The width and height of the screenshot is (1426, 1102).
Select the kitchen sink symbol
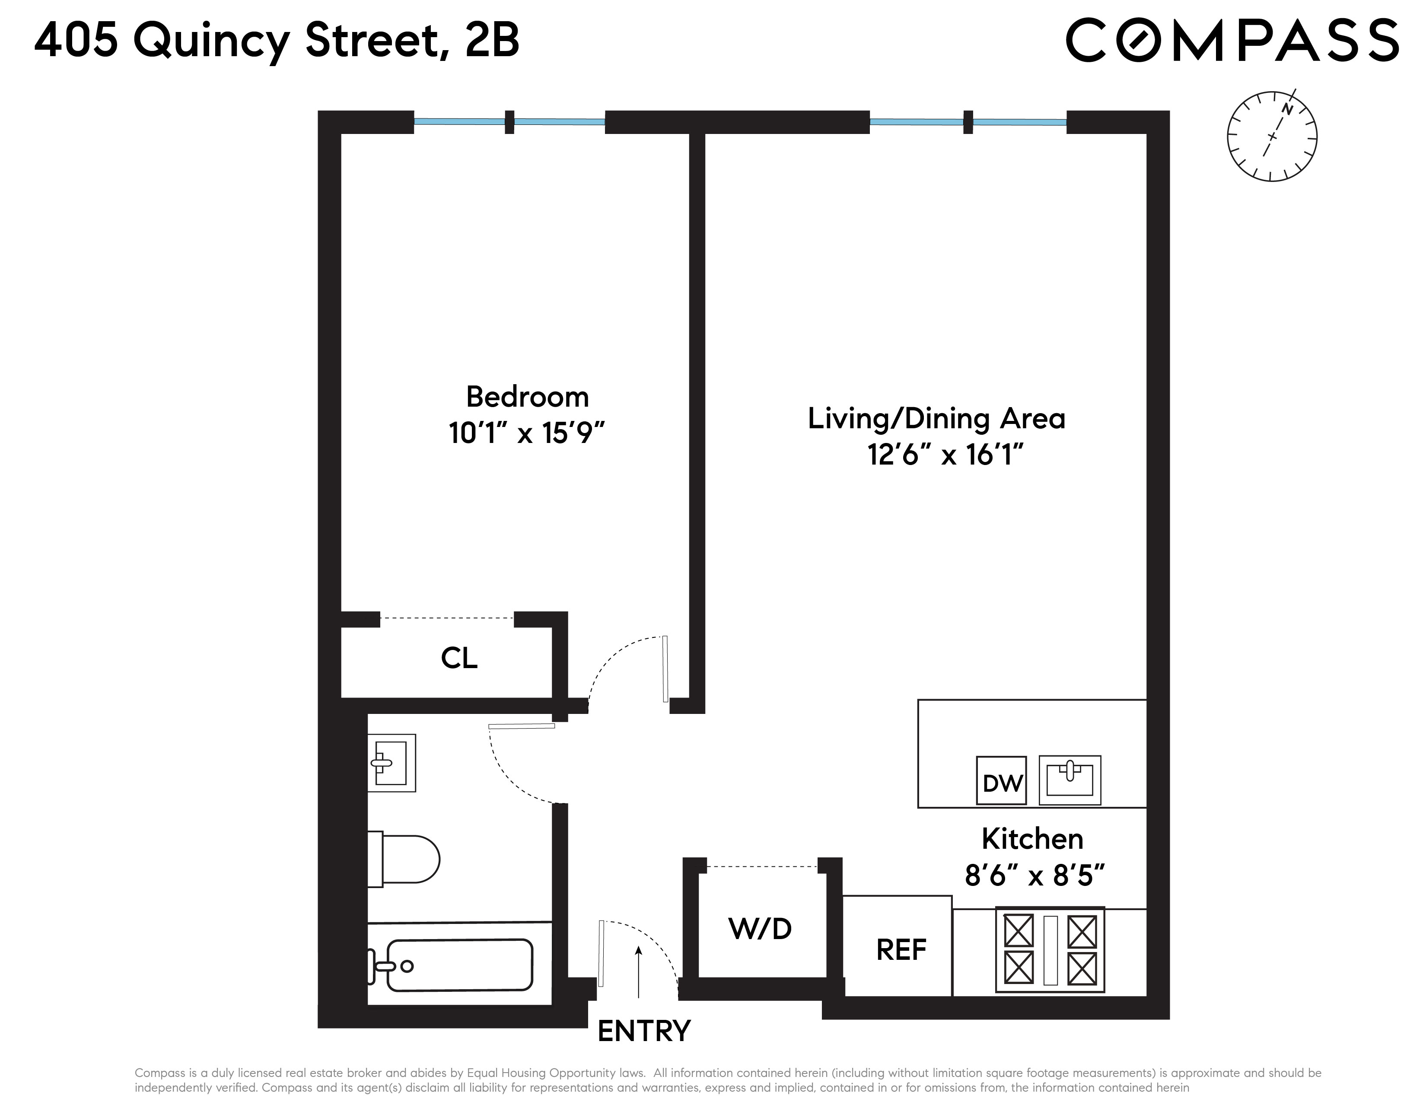tap(1069, 780)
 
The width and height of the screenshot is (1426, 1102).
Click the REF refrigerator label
tap(901, 950)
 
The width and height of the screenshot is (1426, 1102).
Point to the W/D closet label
tap(760, 928)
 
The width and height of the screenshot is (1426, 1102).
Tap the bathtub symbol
tap(457, 965)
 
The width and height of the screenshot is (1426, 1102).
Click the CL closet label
tap(459, 658)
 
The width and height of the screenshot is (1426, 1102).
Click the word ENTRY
tap(644, 1032)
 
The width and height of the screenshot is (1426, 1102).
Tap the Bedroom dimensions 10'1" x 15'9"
tap(527, 433)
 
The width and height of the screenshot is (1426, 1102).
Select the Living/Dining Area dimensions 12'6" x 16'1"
tap(945, 454)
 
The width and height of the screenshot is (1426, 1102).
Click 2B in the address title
tap(492, 41)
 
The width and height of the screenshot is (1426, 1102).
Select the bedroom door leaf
tap(665, 669)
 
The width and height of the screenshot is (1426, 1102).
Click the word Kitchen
tap(1032, 839)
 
